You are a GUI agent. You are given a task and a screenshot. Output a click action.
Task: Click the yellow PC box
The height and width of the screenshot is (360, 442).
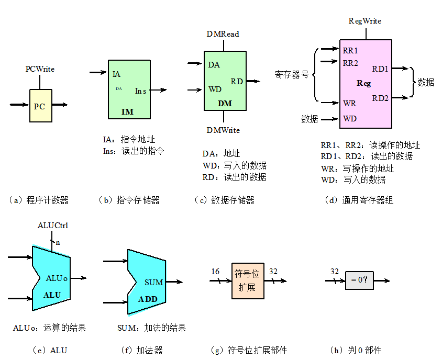40,106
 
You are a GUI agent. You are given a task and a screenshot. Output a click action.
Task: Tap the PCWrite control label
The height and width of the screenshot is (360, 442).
40,69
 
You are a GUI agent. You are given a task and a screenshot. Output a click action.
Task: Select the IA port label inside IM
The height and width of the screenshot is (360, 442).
116,74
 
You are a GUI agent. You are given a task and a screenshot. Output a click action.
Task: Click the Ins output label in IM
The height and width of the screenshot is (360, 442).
140,91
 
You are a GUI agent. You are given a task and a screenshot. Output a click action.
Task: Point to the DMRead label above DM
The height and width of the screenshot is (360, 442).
223,34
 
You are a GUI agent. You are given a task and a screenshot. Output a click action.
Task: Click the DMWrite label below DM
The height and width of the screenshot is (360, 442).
223,130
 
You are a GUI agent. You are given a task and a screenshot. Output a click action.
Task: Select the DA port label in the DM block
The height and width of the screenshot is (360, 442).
214,65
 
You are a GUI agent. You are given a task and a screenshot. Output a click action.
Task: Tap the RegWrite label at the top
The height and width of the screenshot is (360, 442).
365,21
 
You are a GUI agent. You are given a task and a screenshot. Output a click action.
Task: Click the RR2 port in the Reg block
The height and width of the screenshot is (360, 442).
350,63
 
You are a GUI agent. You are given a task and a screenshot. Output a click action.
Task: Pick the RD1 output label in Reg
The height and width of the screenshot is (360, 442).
380,69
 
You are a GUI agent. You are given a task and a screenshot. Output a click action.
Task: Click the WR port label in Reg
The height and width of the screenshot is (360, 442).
349,103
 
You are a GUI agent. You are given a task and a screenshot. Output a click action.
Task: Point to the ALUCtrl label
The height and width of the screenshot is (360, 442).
53,226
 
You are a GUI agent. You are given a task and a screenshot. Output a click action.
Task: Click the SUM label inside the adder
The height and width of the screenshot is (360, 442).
153,283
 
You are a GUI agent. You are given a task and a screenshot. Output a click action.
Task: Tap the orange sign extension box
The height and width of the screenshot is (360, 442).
248,281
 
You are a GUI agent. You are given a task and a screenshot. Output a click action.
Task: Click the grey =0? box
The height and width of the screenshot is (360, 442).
359,280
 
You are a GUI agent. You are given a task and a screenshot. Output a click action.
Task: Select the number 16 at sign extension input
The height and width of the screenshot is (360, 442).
215,271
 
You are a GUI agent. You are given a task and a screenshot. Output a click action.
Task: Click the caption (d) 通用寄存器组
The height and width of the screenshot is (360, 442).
359,200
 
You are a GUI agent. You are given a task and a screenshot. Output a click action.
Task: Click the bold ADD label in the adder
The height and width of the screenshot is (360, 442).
148,299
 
